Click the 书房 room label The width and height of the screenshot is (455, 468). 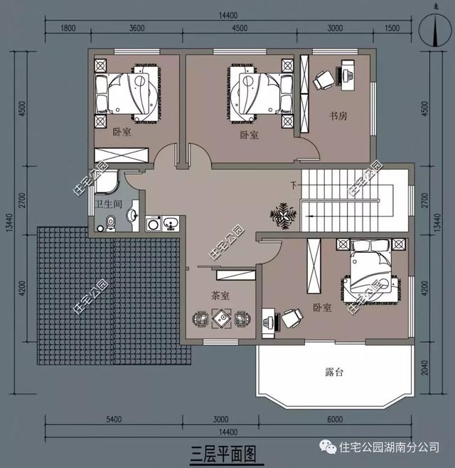click(x=338, y=115)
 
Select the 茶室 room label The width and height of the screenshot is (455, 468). click(x=220, y=294)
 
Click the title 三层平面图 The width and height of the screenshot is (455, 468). click(x=223, y=452)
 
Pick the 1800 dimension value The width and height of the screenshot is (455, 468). click(x=68, y=28)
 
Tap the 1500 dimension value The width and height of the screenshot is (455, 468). click(x=392, y=28)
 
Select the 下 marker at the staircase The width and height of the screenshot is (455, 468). click(x=292, y=186)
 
